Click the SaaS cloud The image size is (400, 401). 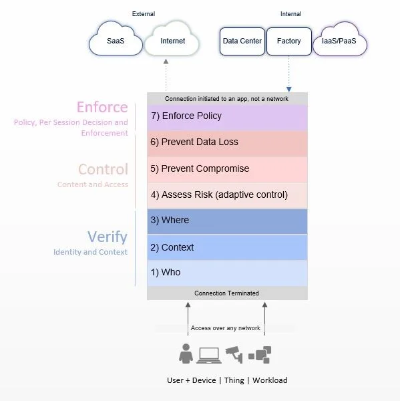click(116, 41)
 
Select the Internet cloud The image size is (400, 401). click(173, 41)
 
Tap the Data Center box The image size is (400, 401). click(242, 41)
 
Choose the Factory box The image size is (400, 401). click(288, 41)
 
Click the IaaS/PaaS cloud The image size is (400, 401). click(339, 41)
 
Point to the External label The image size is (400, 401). click(143, 13)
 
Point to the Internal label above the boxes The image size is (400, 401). click(291, 13)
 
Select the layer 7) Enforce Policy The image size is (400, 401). click(227, 116)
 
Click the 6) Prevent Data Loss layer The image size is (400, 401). click(227, 142)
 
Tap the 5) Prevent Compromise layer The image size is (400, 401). click(227, 168)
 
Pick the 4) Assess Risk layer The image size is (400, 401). click(227, 195)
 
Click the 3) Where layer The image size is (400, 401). click(227, 221)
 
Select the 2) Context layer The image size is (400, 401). click(227, 247)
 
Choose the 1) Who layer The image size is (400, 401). click(227, 273)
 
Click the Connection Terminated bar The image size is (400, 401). click(227, 293)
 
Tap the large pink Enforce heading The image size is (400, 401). click(102, 107)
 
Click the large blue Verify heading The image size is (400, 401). click(107, 237)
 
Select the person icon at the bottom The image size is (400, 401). click(186, 354)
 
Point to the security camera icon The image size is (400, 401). click(232, 352)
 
